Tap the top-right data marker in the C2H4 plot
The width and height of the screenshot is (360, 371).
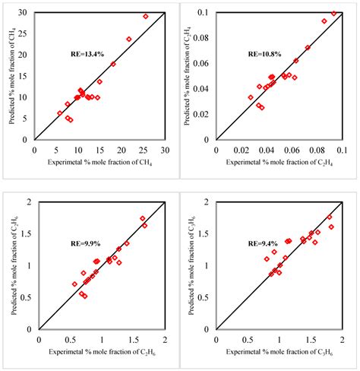(x=333, y=14)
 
